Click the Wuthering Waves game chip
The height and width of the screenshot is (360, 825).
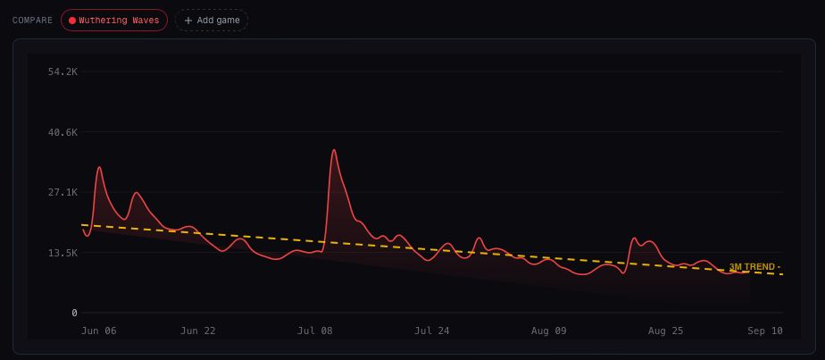pyautogui.click(x=114, y=21)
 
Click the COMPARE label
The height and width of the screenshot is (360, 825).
pyautogui.click(x=32, y=21)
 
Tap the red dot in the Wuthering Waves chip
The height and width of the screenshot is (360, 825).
pyautogui.click(x=72, y=21)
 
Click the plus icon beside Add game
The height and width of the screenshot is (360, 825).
pyautogui.click(x=188, y=21)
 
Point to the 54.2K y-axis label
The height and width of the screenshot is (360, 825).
pyautogui.click(x=62, y=71)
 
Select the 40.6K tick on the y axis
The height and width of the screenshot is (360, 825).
pyautogui.click(x=62, y=132)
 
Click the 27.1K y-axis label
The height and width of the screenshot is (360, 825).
pyautogui.click(x=62, y=192)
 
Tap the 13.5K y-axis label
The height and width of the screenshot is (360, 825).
pyautogui.click(x=62, y=253)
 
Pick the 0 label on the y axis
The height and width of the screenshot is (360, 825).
pyautogui.click(x=74, y=313)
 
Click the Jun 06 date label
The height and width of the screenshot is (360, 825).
pyautogui.click(x=99, y=331)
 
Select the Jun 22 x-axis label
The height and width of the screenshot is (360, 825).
pyautogui.click(x=198, y=331)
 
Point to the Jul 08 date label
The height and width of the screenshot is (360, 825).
pyautogui.click(x=315, y=331)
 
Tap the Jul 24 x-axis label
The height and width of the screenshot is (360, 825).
pyautogui.click(x=432, y=331)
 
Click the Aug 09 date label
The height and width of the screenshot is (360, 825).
pyautogui.click(x=549, y=331)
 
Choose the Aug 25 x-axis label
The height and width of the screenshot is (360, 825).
pyautogui.click(x=665, y=331)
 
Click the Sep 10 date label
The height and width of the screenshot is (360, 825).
pyautogui.click(x=765, y=331)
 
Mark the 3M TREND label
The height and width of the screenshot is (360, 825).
pyautogui.click(x=754, y=267)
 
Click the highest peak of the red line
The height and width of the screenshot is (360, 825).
pyautogui.click(x=334, y=150)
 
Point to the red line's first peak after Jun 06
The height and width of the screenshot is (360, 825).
pyautogui.click(x=99, y=167)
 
